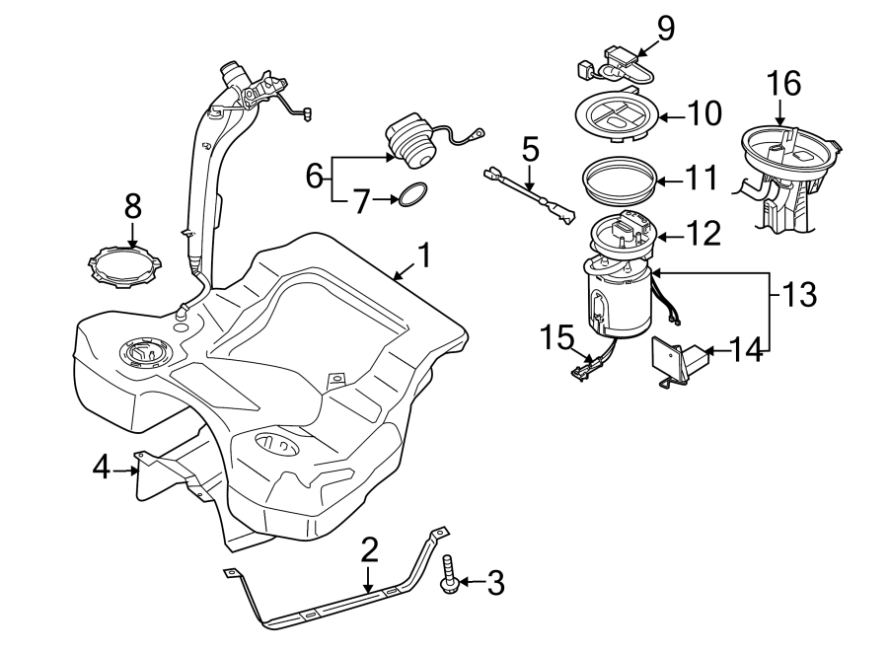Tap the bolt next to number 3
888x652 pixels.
click(448, 577)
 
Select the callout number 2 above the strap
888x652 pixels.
click(369, 550)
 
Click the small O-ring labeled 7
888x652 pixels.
click(412, 197)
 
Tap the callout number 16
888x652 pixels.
click(785, 84)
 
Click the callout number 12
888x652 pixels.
click(704, 234)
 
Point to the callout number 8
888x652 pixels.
click(132, 206)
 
